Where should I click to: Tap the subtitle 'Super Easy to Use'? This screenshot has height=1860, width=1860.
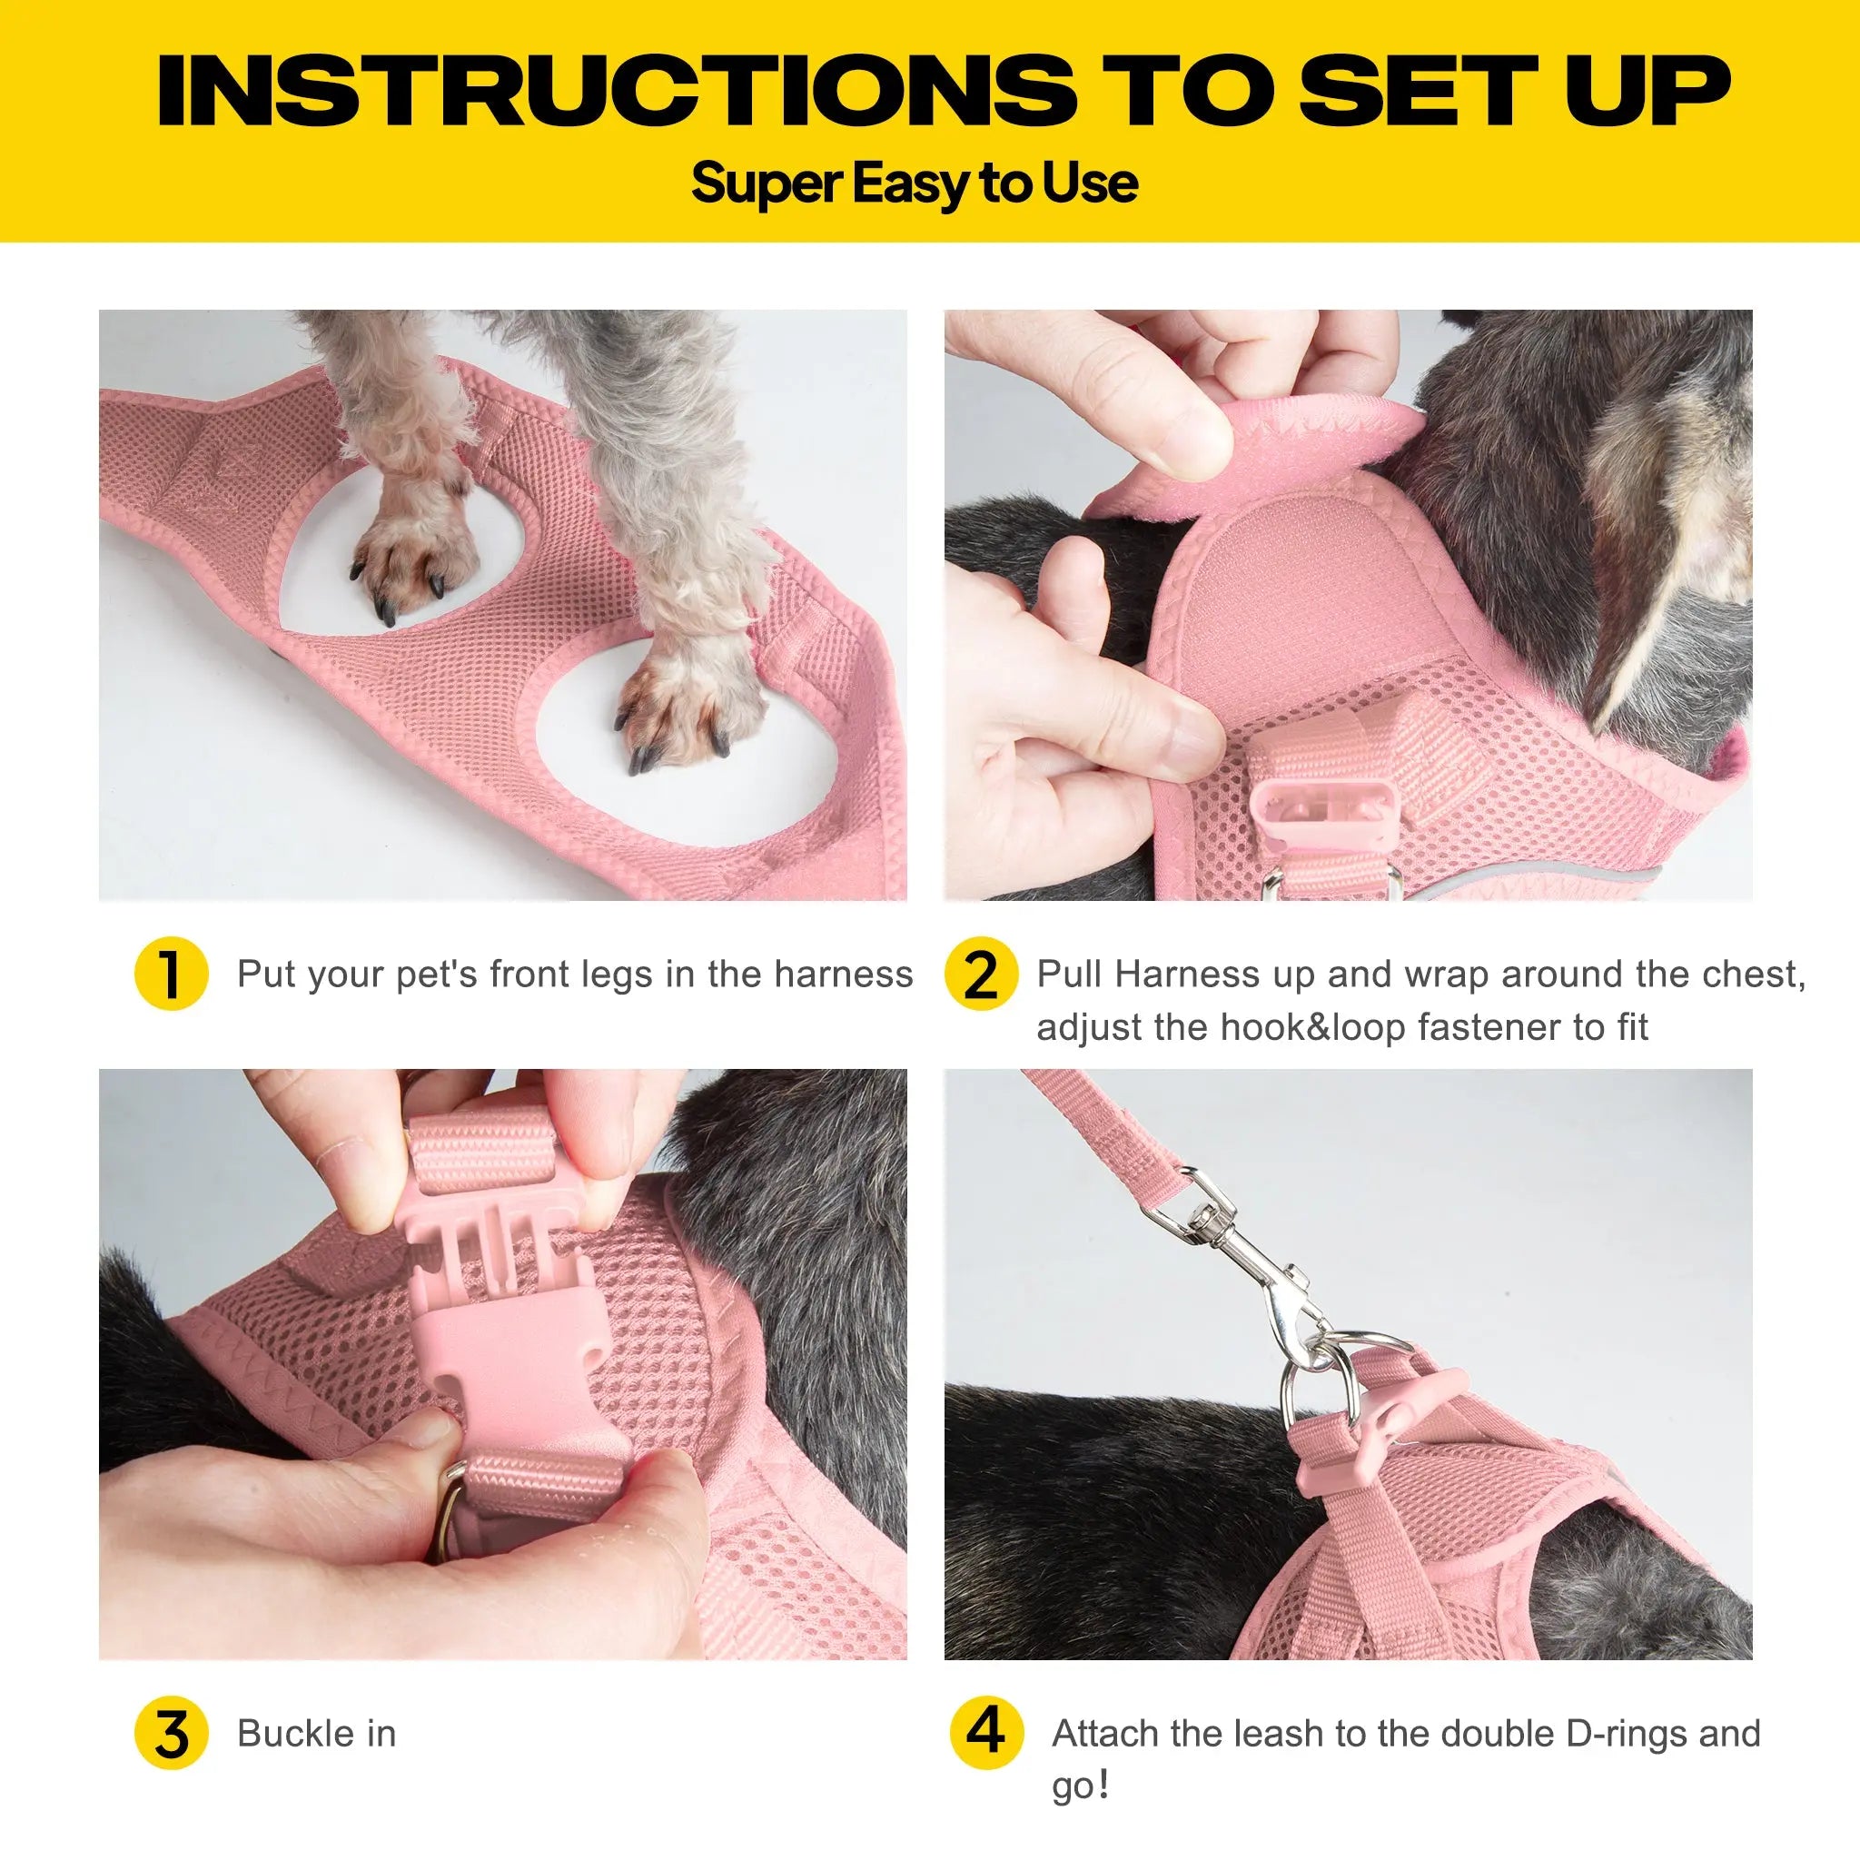[914, 183]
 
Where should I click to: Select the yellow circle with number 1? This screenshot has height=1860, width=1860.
[172, 975]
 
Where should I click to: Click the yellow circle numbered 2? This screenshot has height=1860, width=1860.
[980, 975]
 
